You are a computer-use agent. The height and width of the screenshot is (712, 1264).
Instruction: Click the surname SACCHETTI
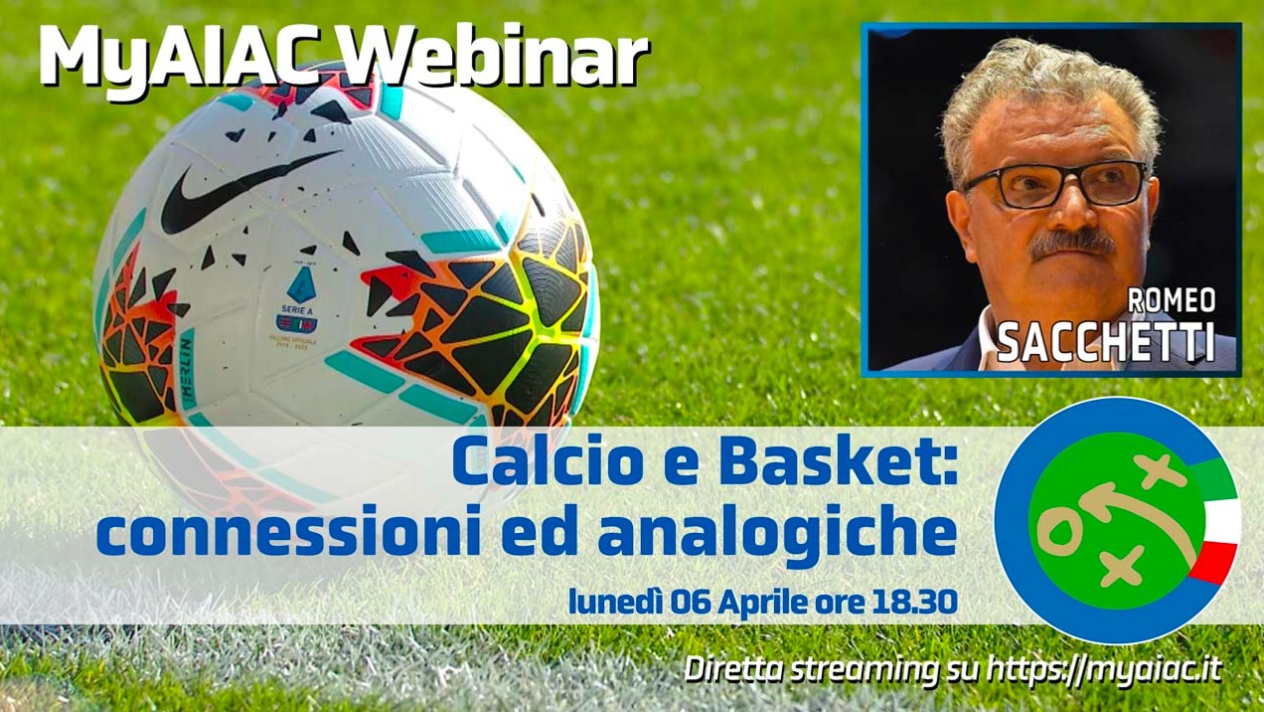tap(1105, 341)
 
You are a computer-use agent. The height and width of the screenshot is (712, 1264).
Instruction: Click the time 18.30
tap(918, 602)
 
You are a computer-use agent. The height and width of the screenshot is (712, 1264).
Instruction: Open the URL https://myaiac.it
tap(1106, 670)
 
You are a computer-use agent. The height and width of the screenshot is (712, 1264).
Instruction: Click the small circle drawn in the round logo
tap(1060, 533)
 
